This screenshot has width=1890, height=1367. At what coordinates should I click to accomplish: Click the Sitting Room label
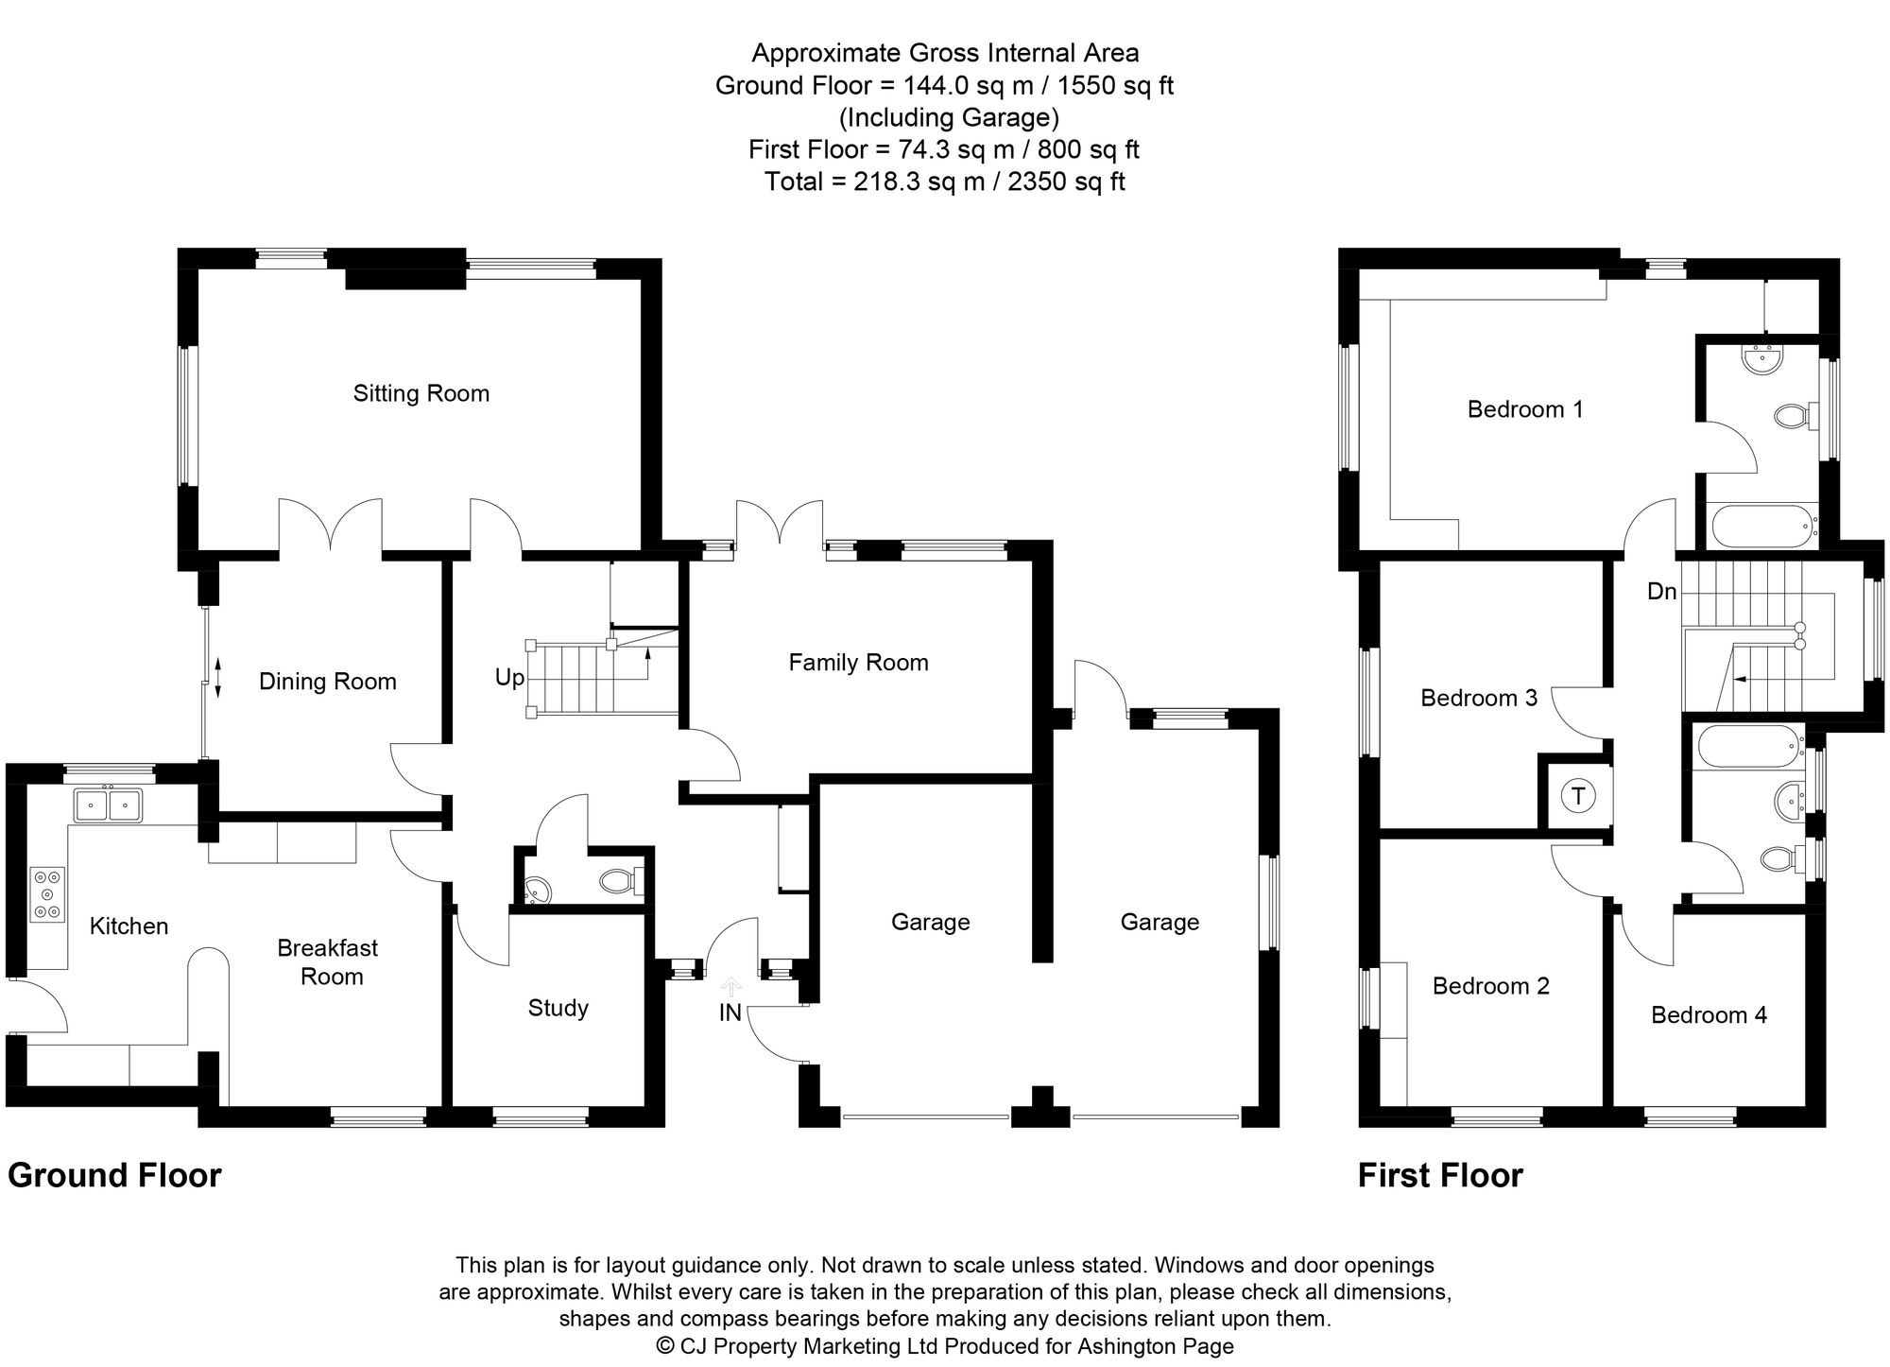click(421, 393)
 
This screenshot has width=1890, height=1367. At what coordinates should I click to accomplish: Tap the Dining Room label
click(327, 682)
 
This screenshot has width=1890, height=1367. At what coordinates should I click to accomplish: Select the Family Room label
click(858, 663)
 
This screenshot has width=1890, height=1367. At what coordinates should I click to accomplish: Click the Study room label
click(558, 1008)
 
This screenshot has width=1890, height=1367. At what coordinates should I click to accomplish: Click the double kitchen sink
click(108, 805)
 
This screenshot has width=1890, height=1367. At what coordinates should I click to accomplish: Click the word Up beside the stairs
click(509, 678)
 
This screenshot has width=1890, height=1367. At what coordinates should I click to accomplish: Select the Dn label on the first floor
click(1661, 592)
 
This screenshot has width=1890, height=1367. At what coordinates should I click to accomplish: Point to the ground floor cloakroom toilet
click(619, 882)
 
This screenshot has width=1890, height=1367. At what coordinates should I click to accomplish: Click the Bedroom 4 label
click(1709, 1015)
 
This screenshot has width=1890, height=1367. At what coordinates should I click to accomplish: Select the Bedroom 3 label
click(1479, 698)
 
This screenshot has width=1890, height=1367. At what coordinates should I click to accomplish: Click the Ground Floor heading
click(114, 1175)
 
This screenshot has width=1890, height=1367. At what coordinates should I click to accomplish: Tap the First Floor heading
click(1440, 1175)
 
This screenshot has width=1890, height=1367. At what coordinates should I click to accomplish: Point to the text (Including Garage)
click(949, 117)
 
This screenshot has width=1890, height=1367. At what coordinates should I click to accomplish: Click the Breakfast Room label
click(327, 962)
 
